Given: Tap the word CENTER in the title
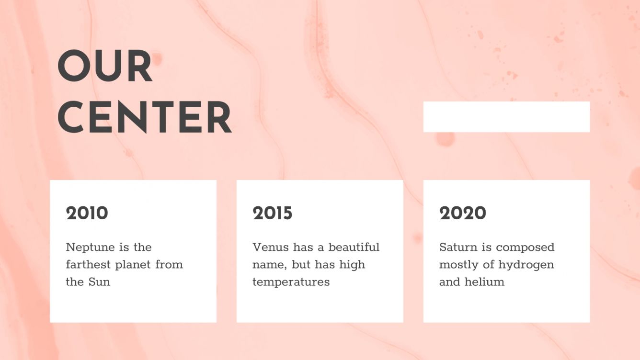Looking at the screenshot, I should [x=144, y=117].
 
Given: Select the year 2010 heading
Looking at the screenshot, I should [x=87, y=214].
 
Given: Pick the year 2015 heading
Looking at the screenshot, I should [x=272, y=214].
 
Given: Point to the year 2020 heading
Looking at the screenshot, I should [x=462, y=214].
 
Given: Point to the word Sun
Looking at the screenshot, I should [x=99, y=282].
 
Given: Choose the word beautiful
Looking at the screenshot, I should [x=354, y=247].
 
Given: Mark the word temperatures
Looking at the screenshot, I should [x=291, y=282].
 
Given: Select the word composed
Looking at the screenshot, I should [x=525, y=247].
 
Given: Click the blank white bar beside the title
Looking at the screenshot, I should [x=506, y=117].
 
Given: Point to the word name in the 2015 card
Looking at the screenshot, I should [x=268, y=265].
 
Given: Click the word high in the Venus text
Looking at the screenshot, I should [x=352, y=265].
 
